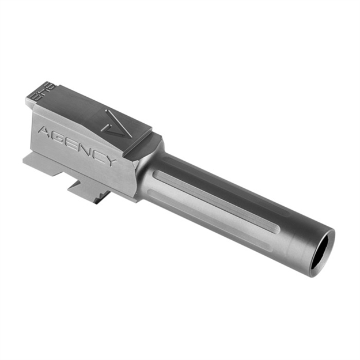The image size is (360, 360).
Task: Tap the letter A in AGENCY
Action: pyautogui.click(x=46, y=132)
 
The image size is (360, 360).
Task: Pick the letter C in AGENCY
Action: pyautogui.click(x=100, y=153)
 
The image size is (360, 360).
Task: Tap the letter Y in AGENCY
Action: pyautogui.click(x=112, y=159)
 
